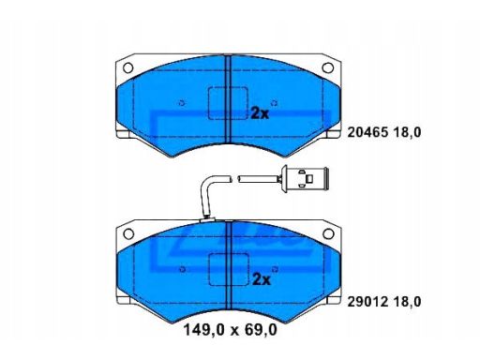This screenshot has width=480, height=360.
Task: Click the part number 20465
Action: (x=367, y=132)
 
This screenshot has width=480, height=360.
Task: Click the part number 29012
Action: (x=367, y=302)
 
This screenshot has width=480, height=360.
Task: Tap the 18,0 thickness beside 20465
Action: (x=407, y=133)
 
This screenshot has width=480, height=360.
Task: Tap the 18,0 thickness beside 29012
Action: (x=407, y=302)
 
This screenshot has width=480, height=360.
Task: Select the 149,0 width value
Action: (x=203, y=330)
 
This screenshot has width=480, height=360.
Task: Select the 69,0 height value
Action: (x=261, y=330)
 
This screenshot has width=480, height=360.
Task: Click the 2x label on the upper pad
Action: (x=260, y=113)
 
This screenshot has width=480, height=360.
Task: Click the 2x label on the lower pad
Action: (x=262, y=279)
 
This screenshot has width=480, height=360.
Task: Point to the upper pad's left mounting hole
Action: (x=128, y=67)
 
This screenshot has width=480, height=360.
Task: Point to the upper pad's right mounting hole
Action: (x=328, y=67)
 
